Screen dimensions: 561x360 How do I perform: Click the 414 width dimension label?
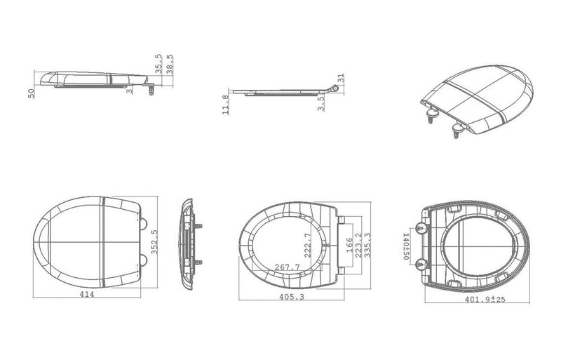87,294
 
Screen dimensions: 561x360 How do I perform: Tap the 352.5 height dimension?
154,242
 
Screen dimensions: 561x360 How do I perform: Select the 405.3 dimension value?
292,297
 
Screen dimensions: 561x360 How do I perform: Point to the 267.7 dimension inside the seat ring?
288,267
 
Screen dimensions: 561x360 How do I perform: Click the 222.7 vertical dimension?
307,246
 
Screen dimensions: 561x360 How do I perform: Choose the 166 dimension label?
349,245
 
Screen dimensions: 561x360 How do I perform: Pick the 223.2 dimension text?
358,246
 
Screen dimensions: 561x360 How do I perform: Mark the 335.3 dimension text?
367,246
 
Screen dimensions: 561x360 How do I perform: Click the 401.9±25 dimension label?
485,299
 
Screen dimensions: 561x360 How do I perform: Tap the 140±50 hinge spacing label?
406,246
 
